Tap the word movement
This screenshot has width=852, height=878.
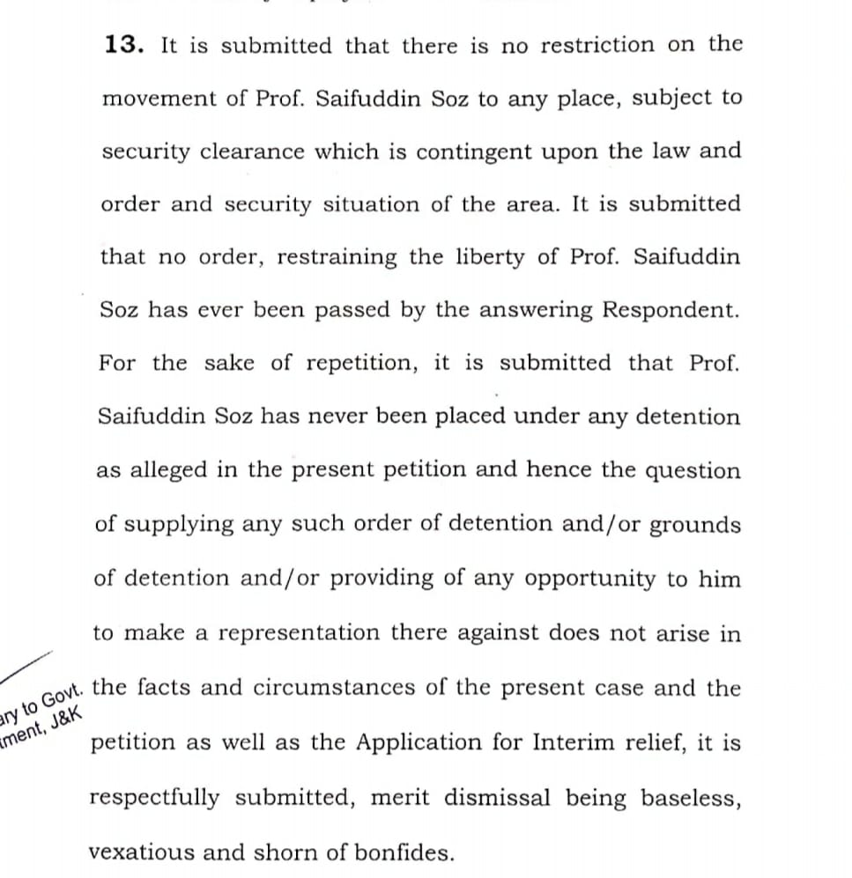(x=161, y=98)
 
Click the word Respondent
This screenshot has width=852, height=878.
(x=670, y=310)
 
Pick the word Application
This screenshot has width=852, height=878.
(x=431, y=742)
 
